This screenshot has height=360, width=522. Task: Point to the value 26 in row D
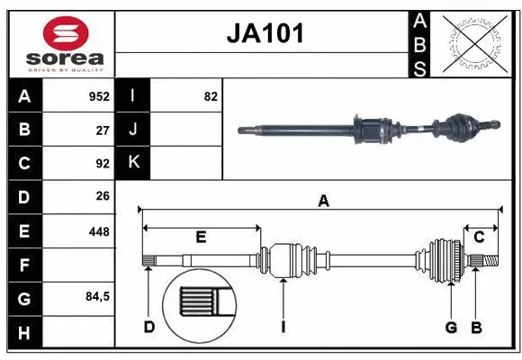tap(103, 196)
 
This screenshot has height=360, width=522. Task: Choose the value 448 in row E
tap(99, 231)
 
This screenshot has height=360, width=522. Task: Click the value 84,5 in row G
tap(97, 296)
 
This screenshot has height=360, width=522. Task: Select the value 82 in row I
tap(211, 96)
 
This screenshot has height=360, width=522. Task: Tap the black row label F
tap(23, 265)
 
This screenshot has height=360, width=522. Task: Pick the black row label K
tap(133, 163)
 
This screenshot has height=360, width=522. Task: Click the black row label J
tap(133, 130)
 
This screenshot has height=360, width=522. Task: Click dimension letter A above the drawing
tap(323, 202)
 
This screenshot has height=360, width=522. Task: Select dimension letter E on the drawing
tap(201, 238)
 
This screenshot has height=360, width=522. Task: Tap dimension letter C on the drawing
tap(480, 238)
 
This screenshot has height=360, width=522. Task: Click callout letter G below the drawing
tap(451, 327)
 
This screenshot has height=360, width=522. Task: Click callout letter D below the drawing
tap(148, 327)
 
